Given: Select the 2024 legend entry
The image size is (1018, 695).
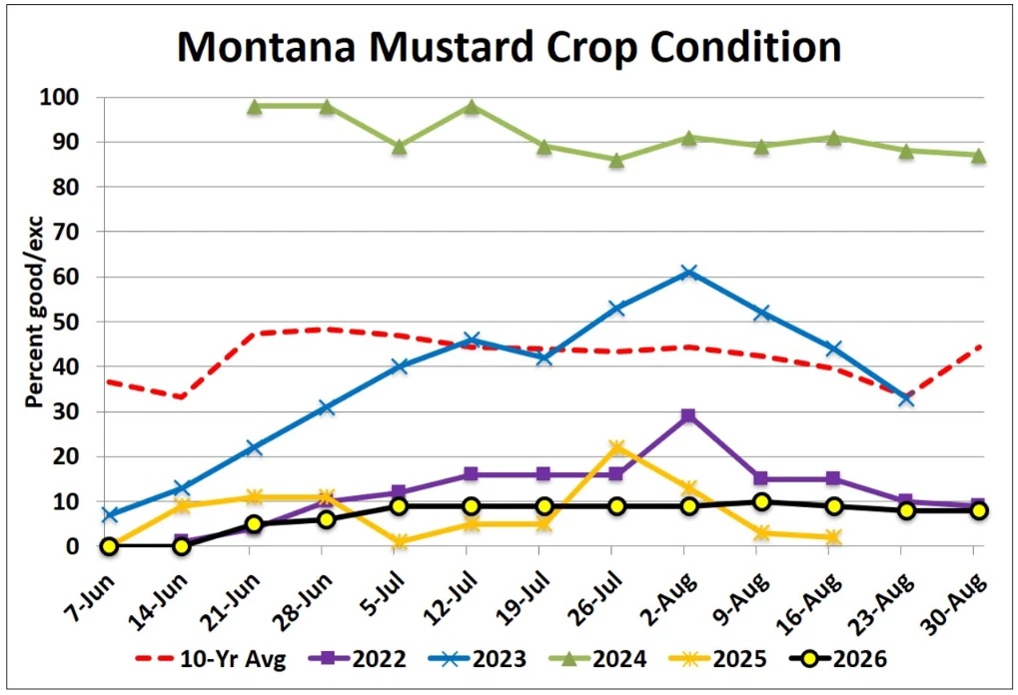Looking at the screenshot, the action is click(x=596, y=659).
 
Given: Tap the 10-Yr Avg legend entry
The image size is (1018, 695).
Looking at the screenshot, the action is click(x=211, y=659).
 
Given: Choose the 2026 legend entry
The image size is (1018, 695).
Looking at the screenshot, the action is click(x=837, y=659).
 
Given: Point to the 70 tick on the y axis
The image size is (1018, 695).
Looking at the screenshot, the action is click(x=79, y=232).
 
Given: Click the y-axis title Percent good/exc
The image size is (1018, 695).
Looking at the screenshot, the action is click(x=34, y=313).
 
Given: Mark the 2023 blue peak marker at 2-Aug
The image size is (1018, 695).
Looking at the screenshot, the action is click(x=689, y=273).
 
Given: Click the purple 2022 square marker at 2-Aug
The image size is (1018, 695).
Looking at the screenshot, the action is click(x=689, y=415).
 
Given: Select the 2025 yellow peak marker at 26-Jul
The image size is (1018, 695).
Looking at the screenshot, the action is click(x=616, y=447).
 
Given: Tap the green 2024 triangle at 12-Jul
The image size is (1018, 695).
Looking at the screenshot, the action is click(x=472, y=107).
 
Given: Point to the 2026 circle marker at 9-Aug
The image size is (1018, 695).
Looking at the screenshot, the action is click(x=761, y=501).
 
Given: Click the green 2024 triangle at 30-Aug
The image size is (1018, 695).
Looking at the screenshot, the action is click(x=979, y=156).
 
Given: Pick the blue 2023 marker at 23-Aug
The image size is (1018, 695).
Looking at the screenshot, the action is click(x=906, y=398).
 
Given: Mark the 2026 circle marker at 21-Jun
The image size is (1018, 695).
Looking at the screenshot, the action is click(x=254, y=523).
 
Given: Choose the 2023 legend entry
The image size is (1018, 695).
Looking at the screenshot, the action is click(x=477, y=659).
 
